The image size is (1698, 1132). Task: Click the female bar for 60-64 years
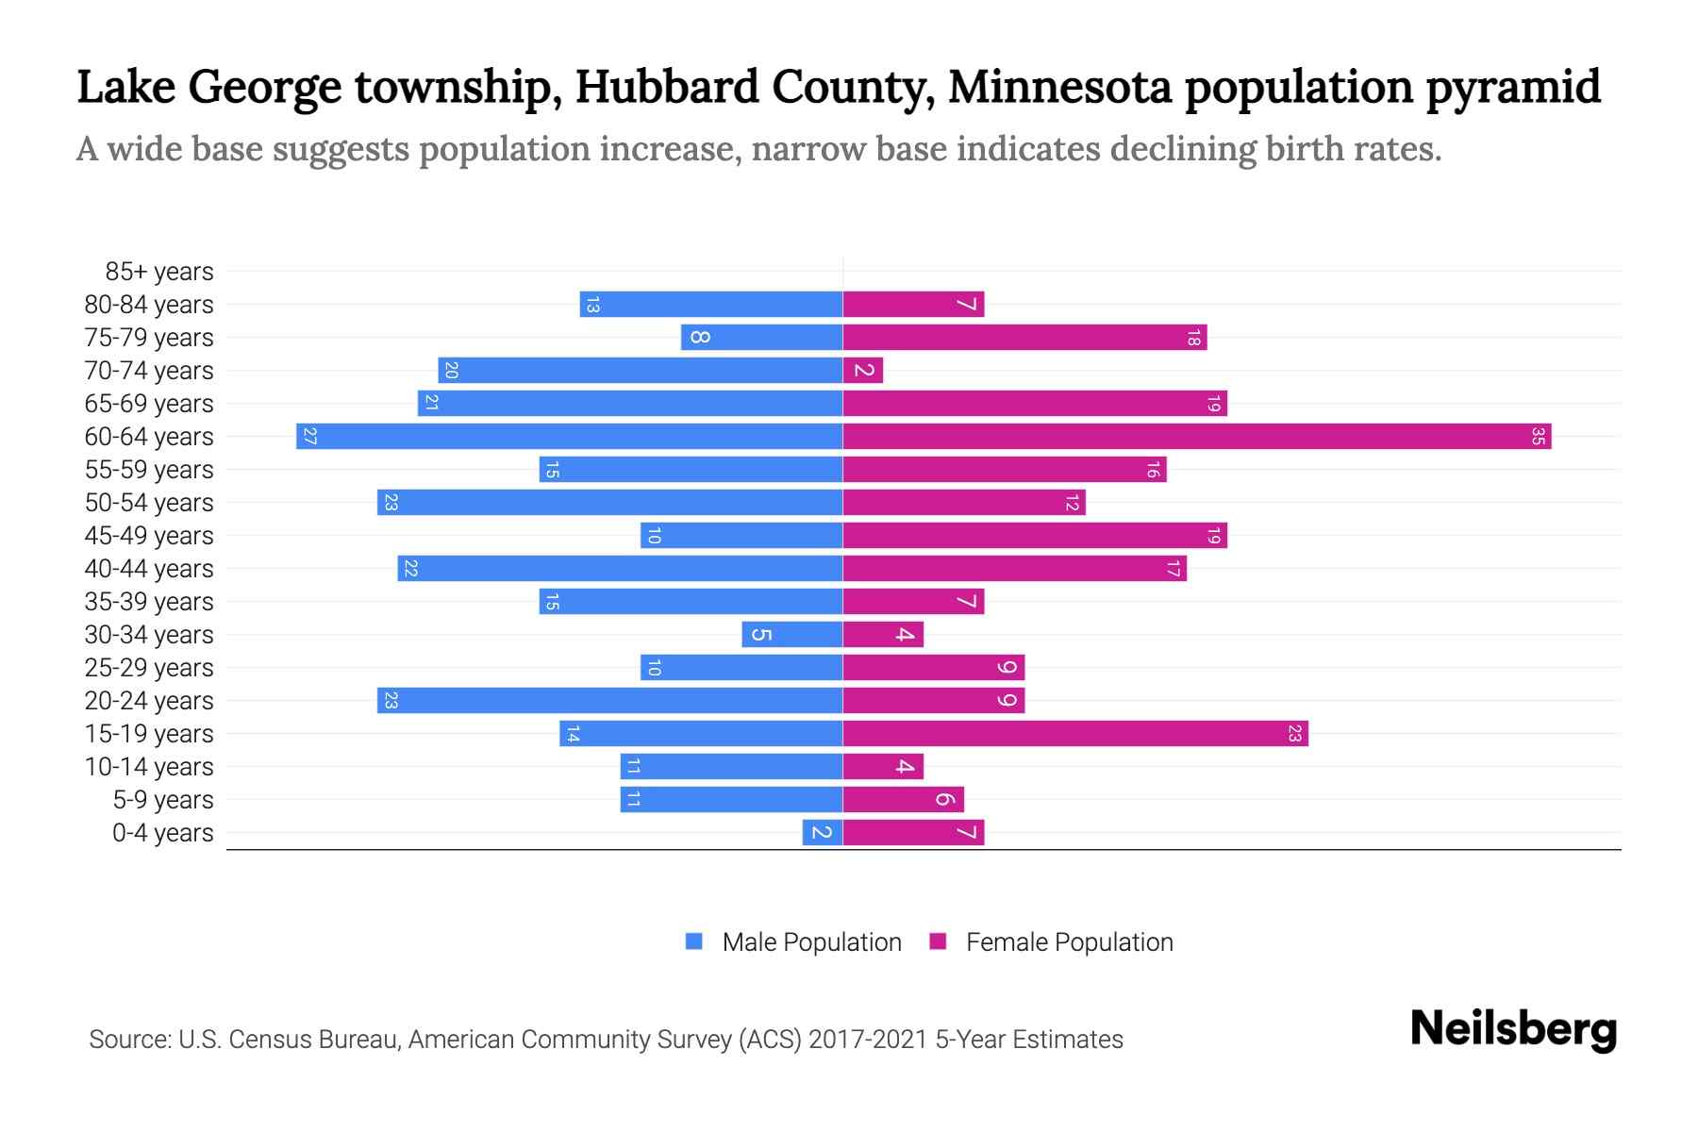coord(1196,437)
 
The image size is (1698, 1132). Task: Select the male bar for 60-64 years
coord(569,437)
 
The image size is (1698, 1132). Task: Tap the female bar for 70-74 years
coord(862,371)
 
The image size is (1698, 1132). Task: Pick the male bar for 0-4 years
coord(822,833)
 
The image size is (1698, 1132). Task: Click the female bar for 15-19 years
coord(1074,734)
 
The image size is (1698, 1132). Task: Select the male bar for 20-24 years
coord(609,701)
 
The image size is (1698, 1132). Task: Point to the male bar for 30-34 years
coord(791,635)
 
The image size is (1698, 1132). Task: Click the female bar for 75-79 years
coord(1024,338)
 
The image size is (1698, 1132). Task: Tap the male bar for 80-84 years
coord(710,305)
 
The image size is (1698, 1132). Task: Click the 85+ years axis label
coord(159,272)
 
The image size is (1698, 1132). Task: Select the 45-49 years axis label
coord(149,536)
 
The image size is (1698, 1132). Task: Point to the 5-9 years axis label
coord(163,800)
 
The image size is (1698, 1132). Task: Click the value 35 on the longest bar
coord(1538,437)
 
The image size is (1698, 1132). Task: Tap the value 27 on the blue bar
coord(309,437)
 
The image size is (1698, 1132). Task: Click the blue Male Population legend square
coord(694,941)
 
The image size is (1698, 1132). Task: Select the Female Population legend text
coord(1069,942)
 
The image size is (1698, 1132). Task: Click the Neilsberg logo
coord(1513,1029)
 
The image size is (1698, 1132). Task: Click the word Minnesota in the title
coord(1059,88)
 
